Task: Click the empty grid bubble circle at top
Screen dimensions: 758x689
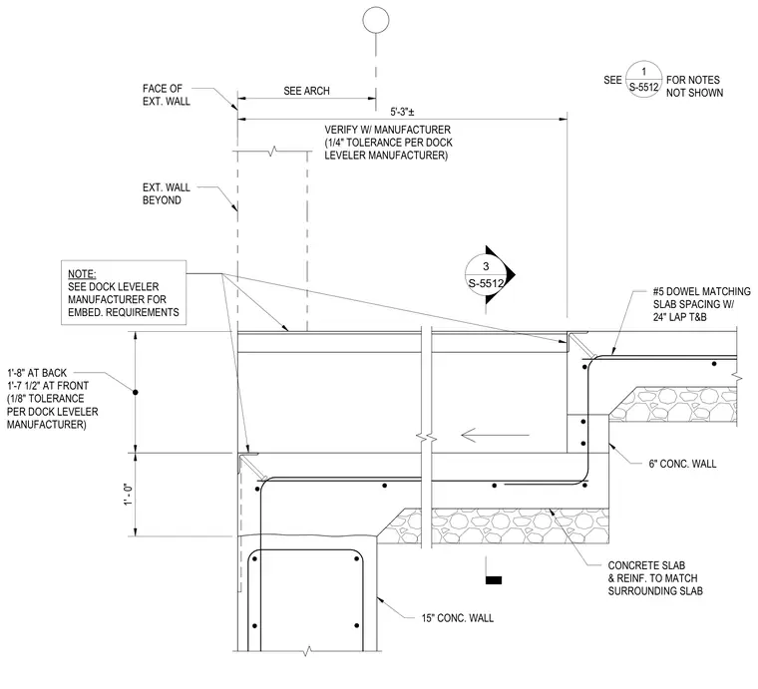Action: click(x=376, y=20)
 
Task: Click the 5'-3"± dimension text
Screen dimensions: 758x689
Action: click(x=402, y=112)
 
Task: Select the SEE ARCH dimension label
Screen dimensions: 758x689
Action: click(x=306, y=91)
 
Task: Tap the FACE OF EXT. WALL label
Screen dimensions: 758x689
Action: click(x=167, y=95)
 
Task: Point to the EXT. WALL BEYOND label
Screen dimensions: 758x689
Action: click(x=167, y=193)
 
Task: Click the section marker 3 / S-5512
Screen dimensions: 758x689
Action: click(x=490, y=274)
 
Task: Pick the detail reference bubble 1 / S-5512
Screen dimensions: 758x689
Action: click(x=644, y=79)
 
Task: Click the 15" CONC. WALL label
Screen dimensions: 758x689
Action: click(x=458, y=618)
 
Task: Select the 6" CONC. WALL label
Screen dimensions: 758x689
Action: click(x=682, y=464)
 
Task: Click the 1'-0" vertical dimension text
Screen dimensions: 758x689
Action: click(x=129, y=495)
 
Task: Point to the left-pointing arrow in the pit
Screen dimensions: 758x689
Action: click(x=495, y=435)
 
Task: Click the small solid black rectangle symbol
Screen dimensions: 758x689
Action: click(x=493, y=580)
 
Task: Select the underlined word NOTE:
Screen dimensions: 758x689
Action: click(x=82, y=274)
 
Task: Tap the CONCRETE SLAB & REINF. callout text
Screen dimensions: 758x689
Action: click(x=655, y=578)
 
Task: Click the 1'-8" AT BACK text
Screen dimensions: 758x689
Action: click(x=37, y=373)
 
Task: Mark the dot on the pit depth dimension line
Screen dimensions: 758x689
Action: click(x=136, y=392)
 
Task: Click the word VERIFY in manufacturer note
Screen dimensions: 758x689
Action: click(x=342, y=130)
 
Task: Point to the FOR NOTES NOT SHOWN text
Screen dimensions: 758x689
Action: click(x=695, y=86)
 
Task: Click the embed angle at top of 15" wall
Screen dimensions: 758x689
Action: click(x=248, y=463)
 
